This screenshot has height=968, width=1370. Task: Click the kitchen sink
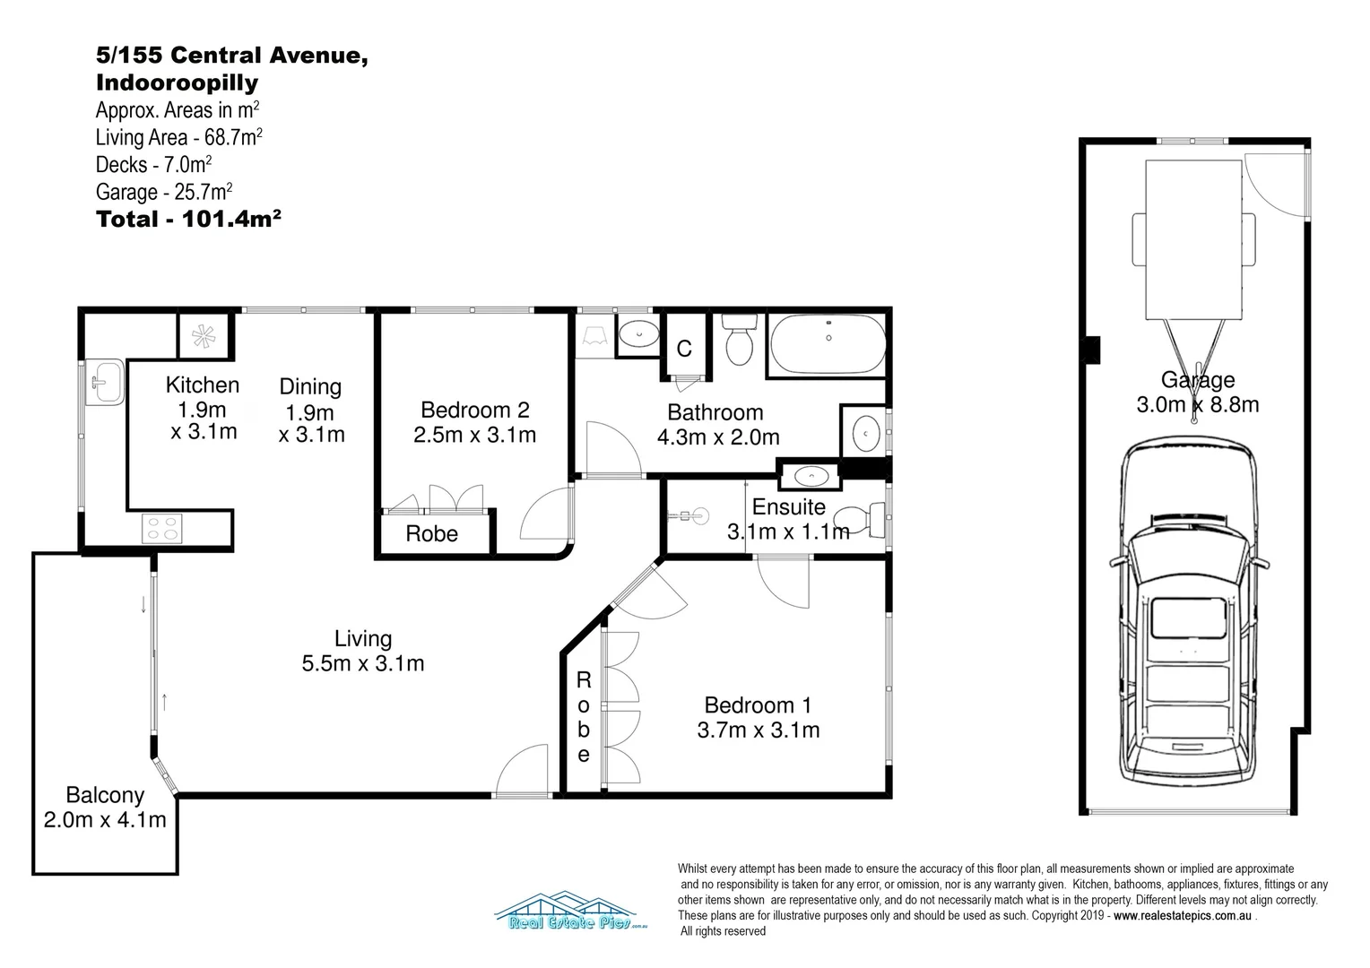point(105,382)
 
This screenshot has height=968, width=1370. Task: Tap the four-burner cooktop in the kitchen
point(162,529)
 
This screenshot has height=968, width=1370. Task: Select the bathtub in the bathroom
point(828,344)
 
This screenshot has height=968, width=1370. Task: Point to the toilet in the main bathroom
point(740,340)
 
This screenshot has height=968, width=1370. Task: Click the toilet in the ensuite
point(859,520)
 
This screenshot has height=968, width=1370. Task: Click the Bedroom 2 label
point(475,410)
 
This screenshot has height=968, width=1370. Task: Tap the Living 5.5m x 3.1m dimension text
point(363,663)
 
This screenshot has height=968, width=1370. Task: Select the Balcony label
point(105,795)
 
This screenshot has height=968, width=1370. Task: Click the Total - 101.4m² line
point(188,219)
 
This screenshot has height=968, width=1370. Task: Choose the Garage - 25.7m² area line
point(164,192)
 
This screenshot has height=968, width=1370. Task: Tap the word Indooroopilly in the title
point(178,82)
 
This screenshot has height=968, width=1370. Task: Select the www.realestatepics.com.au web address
point(1183,916)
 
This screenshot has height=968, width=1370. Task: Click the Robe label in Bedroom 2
point(432,534)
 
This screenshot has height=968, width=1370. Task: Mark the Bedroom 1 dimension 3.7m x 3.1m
point(759,730)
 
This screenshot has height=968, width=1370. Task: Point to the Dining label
point(310,386)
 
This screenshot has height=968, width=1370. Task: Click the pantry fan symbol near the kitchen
point(204,336)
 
